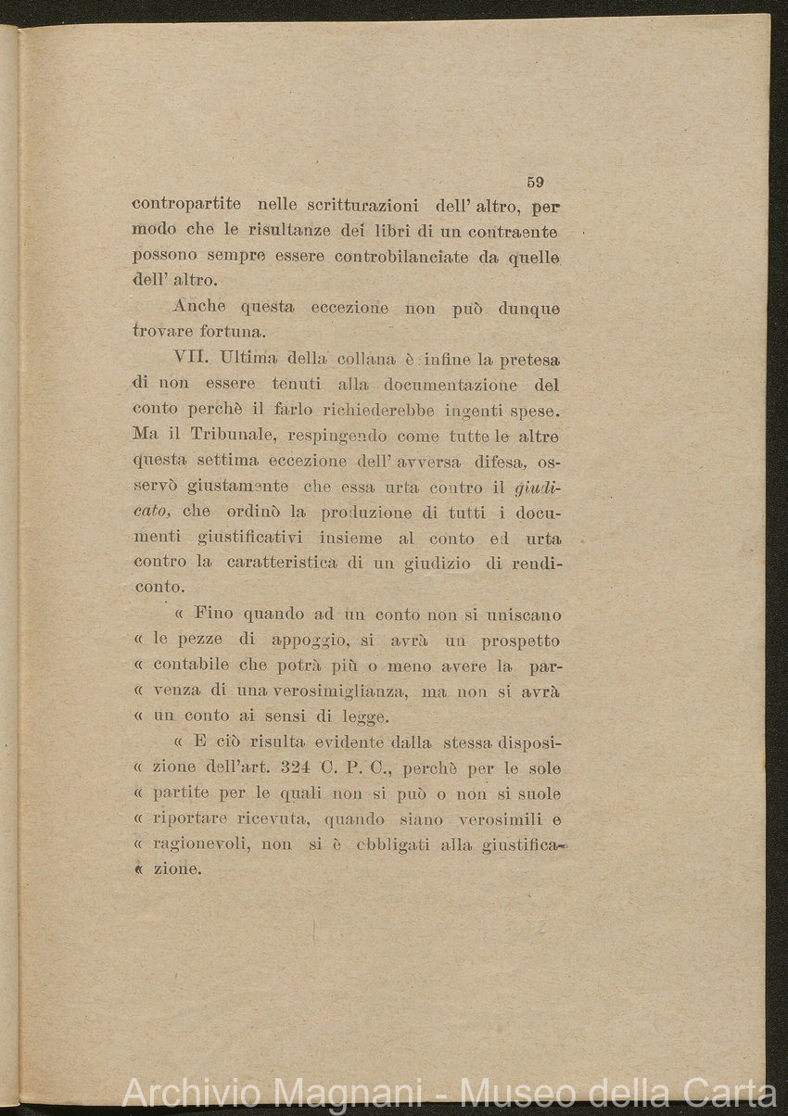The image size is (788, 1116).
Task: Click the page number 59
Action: click(535, 183)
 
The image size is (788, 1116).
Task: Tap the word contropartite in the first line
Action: click(186, 204)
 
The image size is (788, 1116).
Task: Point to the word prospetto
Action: click(520, 640)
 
